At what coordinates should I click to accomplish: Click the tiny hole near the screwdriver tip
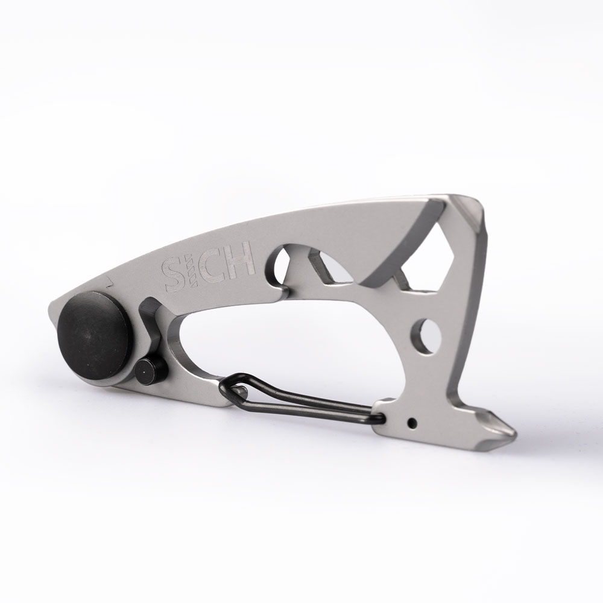click(413, 423)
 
